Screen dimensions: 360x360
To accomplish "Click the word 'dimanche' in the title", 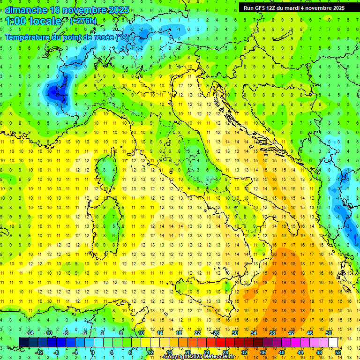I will point(23,10).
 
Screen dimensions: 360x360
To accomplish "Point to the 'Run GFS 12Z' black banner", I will point(294,8).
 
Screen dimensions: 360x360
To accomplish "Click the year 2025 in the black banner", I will point(336,8).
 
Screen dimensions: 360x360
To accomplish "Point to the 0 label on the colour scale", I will point(92,352).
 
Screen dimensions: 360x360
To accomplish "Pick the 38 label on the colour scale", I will point(272,333).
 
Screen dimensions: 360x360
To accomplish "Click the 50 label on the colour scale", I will point(328,333).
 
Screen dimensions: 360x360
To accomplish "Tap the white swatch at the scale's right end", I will point(333,342).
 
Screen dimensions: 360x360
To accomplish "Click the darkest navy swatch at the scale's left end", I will point(23,342).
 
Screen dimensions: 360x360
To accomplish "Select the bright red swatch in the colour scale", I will point(220,342).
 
